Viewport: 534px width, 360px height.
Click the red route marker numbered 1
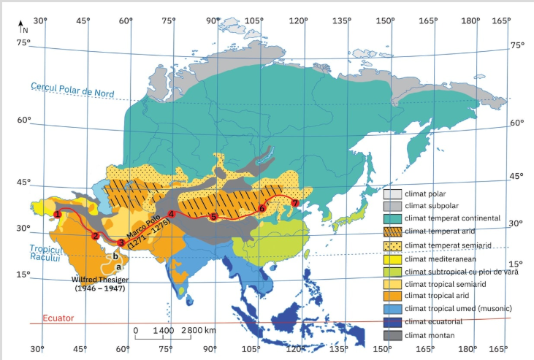pos(56,214)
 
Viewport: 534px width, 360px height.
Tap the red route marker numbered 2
pos(96,235)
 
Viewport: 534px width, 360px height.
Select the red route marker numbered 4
pos(171,214)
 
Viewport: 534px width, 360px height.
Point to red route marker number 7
pos(295,202)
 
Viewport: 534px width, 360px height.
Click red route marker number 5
pos(213,217)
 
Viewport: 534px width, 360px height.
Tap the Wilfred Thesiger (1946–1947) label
pos(99,284)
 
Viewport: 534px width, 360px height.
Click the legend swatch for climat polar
pos(393,194)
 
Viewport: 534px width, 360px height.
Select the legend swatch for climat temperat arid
pos(393,231)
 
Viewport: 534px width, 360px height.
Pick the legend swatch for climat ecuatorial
pos(393,322)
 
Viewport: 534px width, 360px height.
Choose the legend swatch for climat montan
pos(393,335)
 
